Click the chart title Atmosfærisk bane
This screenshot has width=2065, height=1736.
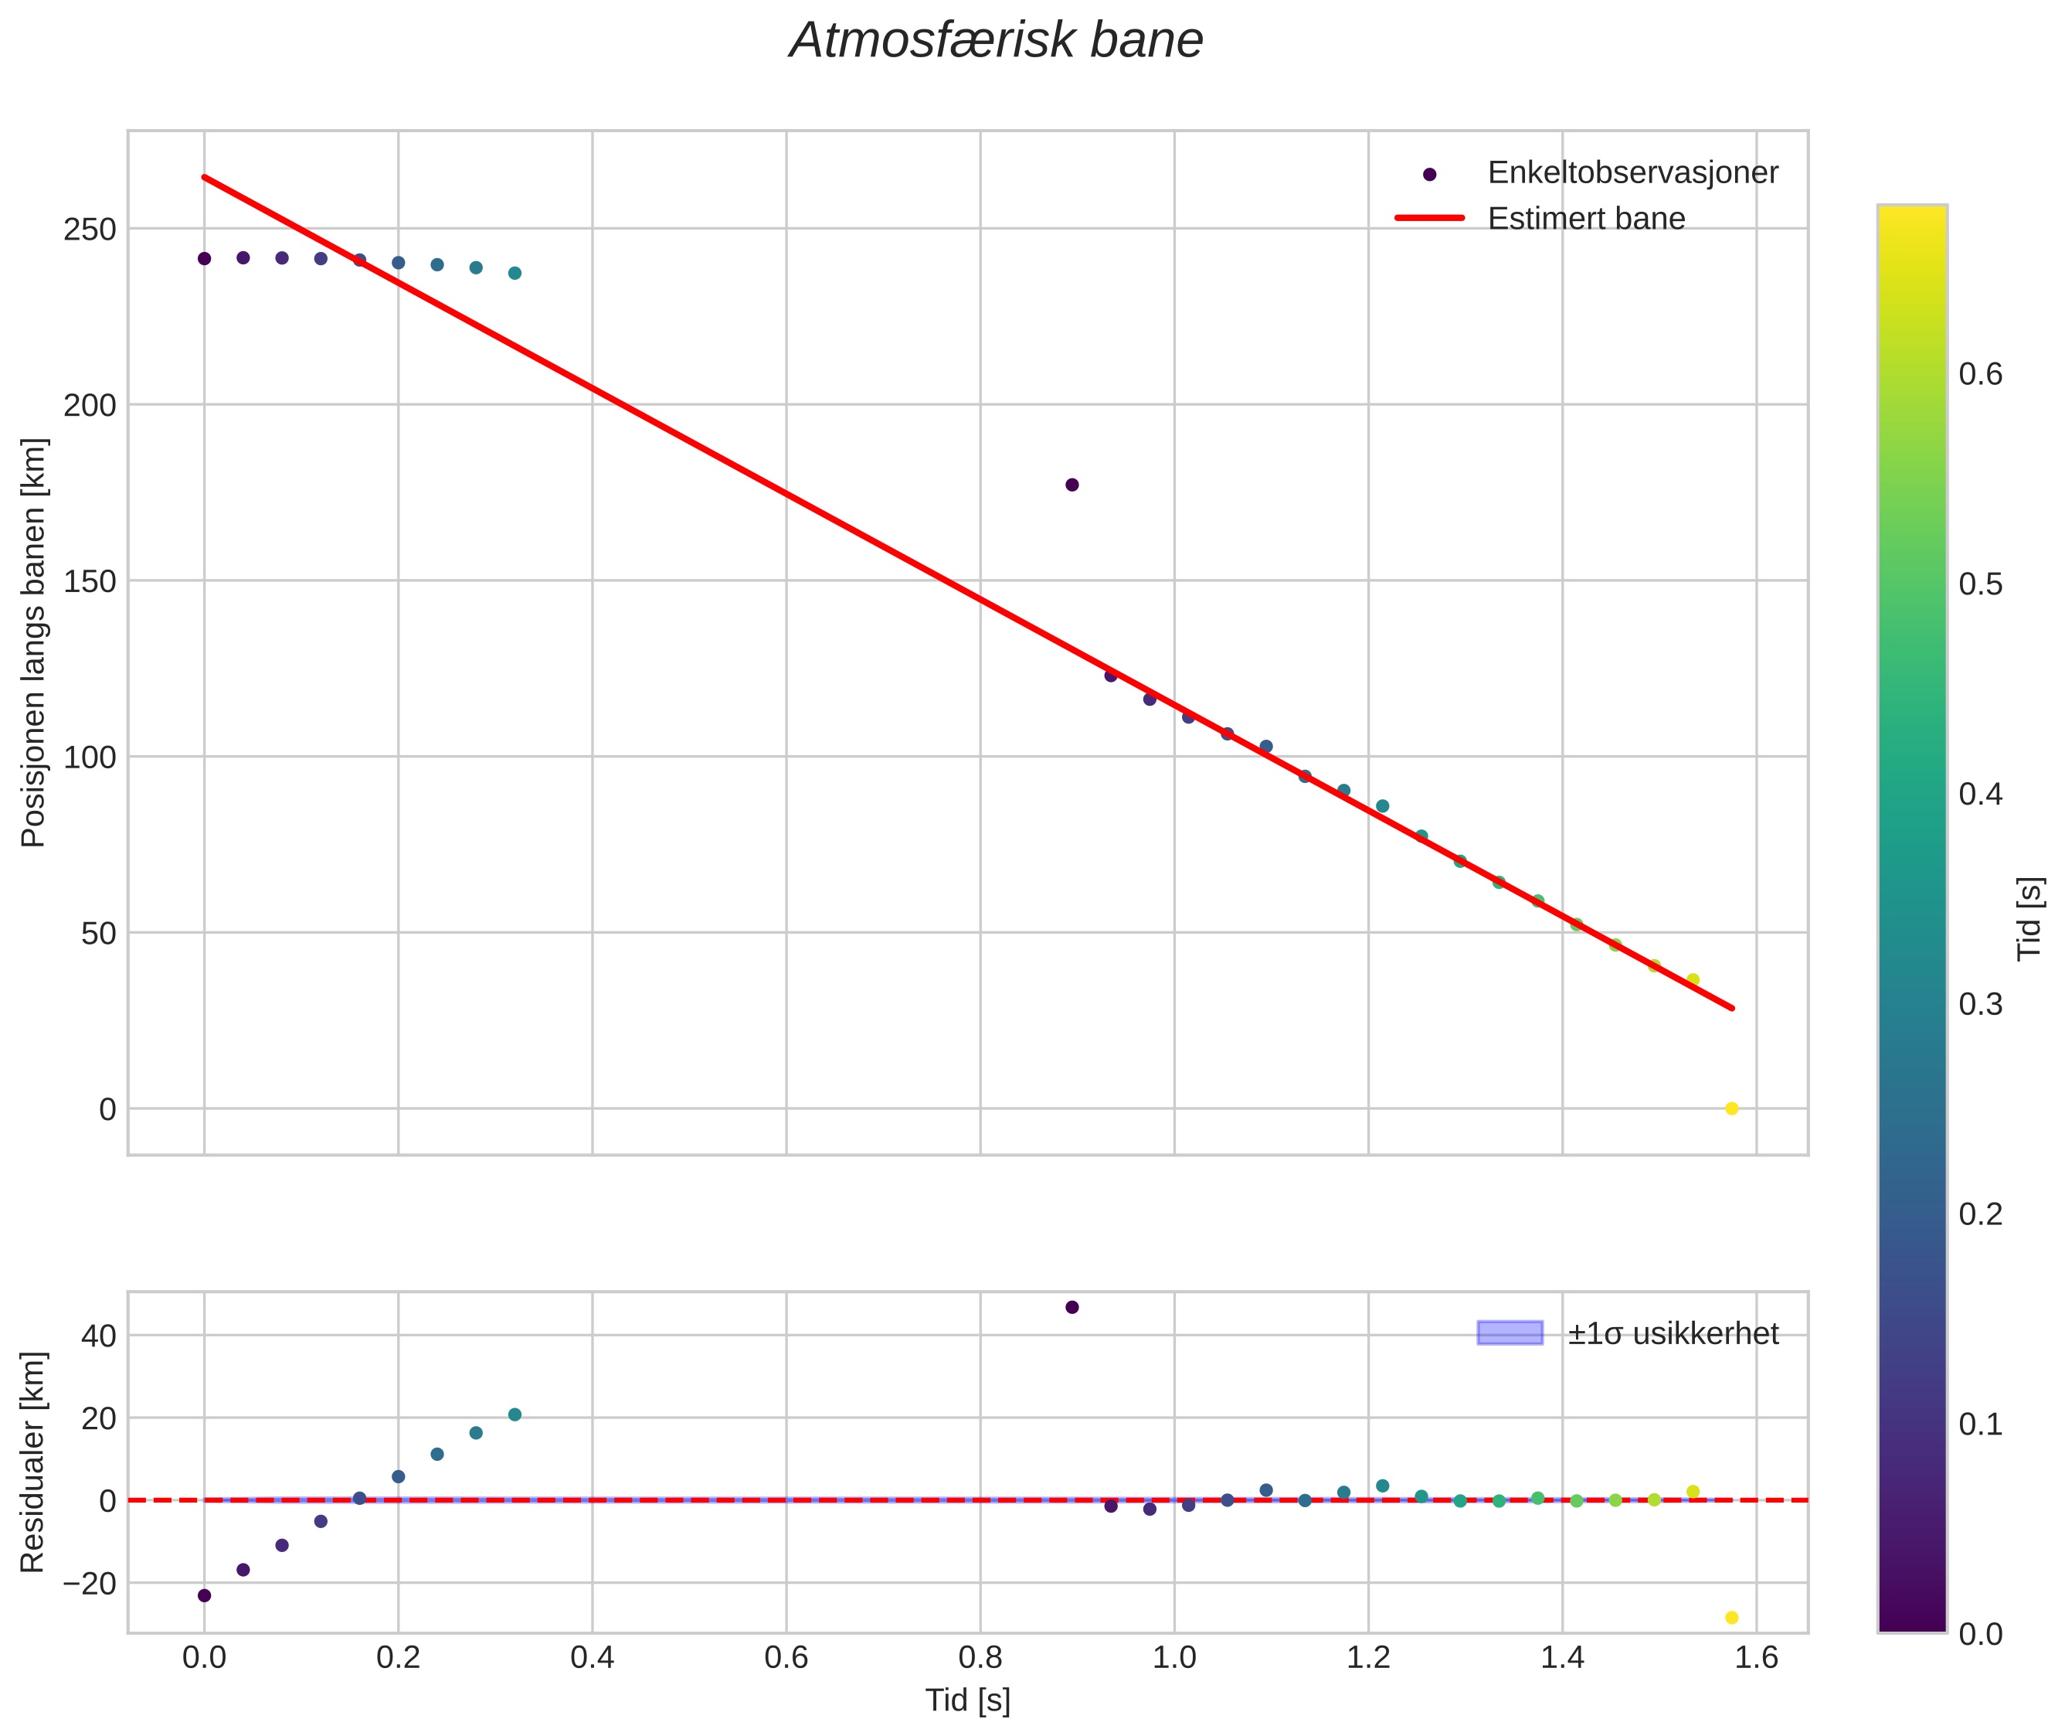(x=996, y=41)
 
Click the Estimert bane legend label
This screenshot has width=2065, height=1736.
(x=1585, y=219)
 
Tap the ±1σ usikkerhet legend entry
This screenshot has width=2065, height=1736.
(x=1672, y=1333)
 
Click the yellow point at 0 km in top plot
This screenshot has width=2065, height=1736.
(x=1731, y=1109)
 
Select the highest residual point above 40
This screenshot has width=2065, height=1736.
(x=1072, y=1308)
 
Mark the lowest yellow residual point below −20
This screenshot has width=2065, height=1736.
(x=1731, y=1618)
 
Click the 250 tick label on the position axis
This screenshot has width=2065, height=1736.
(x=90, y=230)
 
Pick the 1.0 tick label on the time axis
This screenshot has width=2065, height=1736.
(x=1173, y=1658)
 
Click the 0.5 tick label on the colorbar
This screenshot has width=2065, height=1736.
(x=1979, y=584)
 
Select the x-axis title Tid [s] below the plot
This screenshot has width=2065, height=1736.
(x=967, y=1700)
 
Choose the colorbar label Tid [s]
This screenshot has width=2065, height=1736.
(x=2030, y=918)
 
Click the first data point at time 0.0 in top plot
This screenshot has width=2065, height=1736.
(x=205, y=259)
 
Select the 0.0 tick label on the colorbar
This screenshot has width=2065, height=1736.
(x=1979, y=1635)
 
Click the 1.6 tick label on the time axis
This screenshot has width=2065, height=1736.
(x=1756, y=1658)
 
